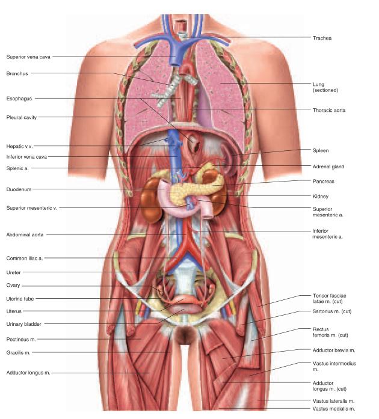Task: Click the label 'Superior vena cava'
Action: click(x=28, y=57)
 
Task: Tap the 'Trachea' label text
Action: click(x=322, y=38)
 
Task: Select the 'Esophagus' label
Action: click(x=19, y=98)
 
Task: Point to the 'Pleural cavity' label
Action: click(x=23, y=117)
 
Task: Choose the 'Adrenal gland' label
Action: click(x=328, y=167)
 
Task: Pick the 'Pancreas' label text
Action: click(x=324, y=181)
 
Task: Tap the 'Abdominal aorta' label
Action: click(x=25, y=235)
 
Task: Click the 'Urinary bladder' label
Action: click(x=23, y=324)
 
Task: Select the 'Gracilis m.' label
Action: click(x=19, y=352)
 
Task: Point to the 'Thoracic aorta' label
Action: click(x=329, y=110)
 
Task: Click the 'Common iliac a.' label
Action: click(x=24, y=258)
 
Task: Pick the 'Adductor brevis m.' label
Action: click(x=334, y=349)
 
